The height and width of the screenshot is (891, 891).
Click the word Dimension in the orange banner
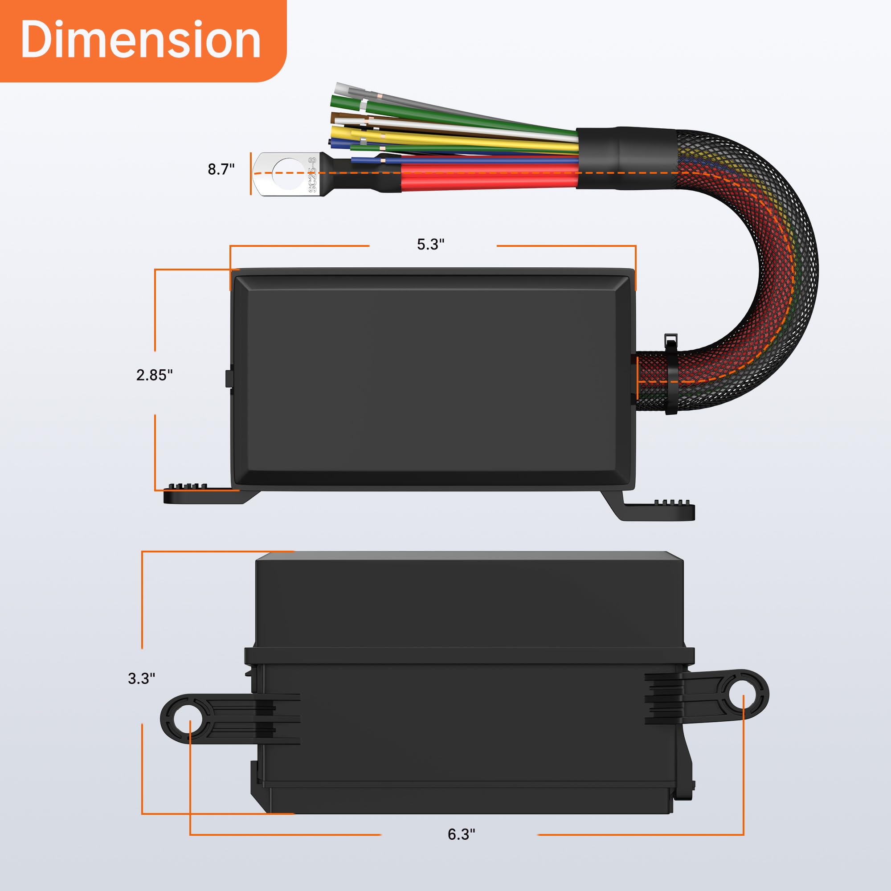[x=141, y=40]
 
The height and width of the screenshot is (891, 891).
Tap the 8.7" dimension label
[x=221, y=169]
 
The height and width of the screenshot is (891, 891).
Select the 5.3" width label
[x=430, y=245]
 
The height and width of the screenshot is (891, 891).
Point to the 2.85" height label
[x=154, y=375]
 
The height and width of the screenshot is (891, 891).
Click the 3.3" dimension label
[x=141, y=678]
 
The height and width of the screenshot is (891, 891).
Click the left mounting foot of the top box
[x=203, y=495]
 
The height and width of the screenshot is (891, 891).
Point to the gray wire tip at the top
[x=343, y=88]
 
